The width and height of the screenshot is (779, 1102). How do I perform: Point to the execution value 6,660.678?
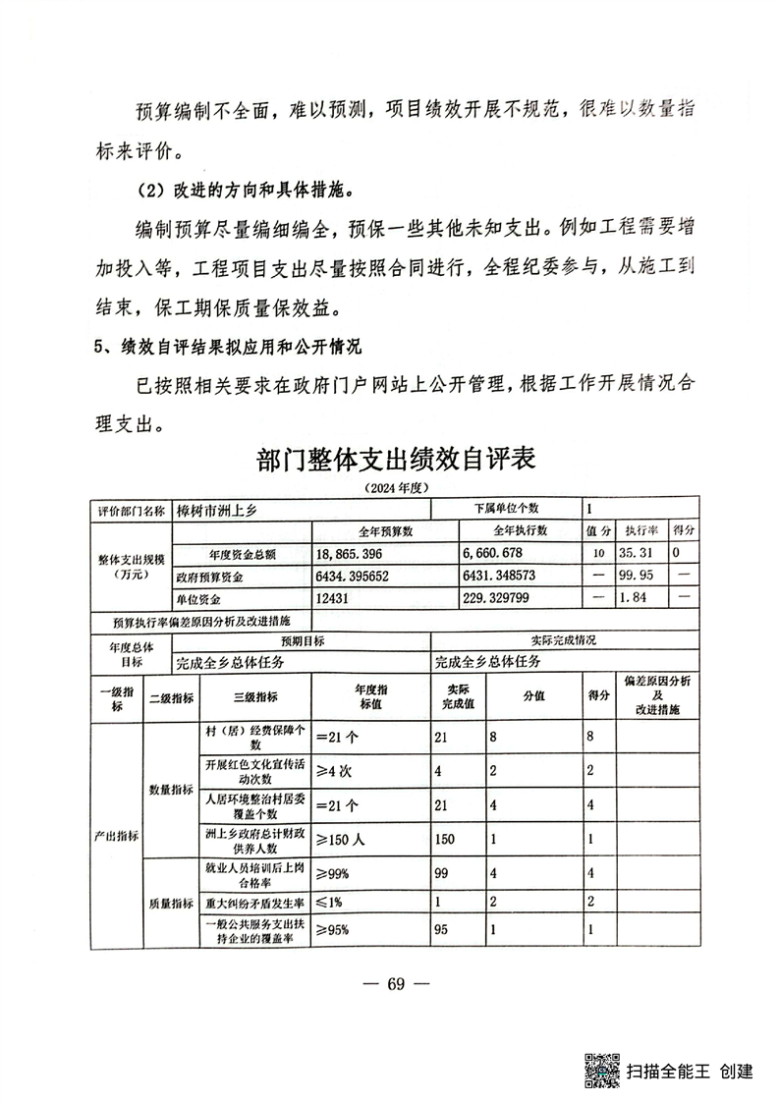[x=500, y=554]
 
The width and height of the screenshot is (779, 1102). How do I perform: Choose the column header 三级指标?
[x=254, y=697]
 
